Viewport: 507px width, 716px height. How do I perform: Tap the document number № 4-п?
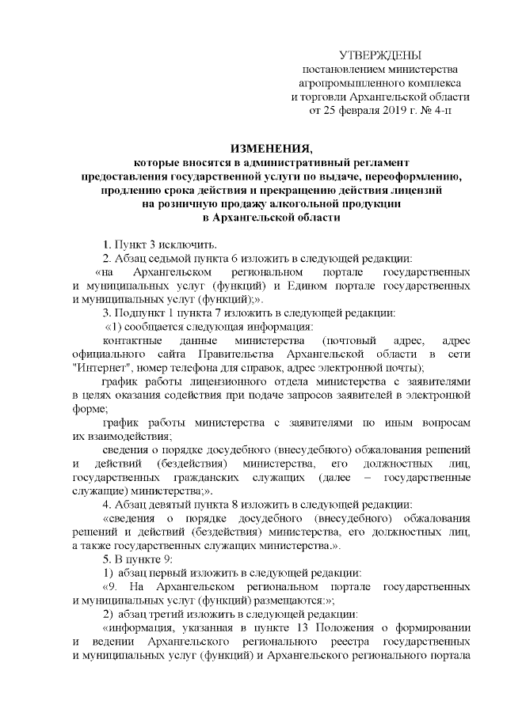[431, 111]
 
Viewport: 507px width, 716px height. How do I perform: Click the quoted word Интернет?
[97, 368]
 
